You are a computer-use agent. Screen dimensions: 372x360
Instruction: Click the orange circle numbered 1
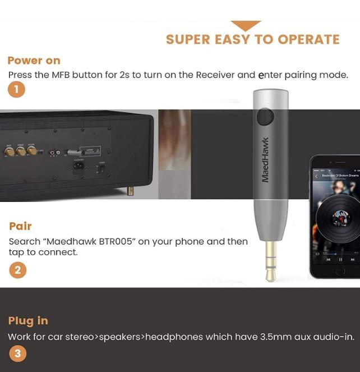[16, 89]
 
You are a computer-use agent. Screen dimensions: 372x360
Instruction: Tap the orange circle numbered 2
[17, 270]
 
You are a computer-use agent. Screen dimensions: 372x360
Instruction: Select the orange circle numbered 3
[17, 353]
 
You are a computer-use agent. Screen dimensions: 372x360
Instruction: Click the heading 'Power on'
[34, 61]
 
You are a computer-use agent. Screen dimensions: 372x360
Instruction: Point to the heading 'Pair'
[20, 226]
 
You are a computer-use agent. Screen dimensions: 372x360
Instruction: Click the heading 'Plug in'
[28, 320]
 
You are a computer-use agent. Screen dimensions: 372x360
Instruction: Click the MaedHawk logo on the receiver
[266, 160]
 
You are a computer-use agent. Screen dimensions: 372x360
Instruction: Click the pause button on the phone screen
[340, 260]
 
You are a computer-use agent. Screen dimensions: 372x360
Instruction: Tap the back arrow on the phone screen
[316, 176]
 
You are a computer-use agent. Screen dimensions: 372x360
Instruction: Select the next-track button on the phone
[353, 260]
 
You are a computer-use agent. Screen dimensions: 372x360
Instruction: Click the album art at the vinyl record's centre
[340, 217]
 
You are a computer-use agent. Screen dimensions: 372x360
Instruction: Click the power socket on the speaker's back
[79, 166]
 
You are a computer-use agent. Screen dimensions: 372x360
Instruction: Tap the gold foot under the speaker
[131, 191]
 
